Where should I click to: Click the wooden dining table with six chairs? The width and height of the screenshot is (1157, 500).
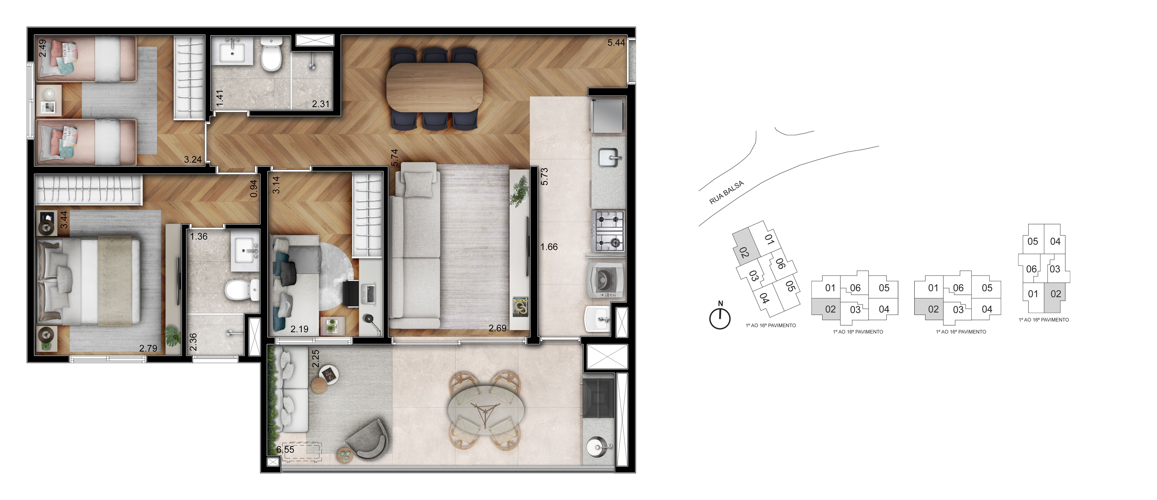[x=435, y=87]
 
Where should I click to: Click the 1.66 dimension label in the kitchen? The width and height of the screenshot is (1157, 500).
[x=549, y=247]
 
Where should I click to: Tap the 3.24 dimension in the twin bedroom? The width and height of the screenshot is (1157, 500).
[x=193, y=159]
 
